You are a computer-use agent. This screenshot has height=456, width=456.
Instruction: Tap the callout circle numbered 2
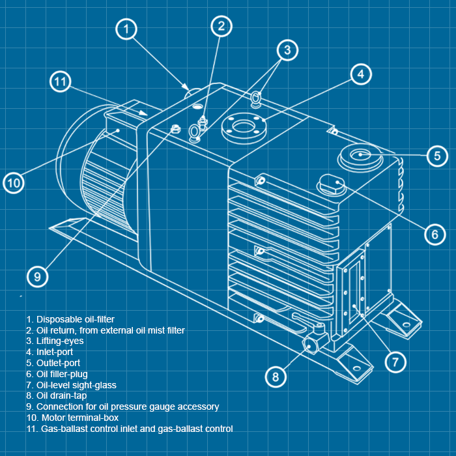pos(221,26)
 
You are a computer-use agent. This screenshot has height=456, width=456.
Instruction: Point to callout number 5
pos(437,156)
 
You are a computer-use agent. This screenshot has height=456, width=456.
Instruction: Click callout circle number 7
pos(395,361)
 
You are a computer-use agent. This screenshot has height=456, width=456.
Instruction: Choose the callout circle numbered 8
pos(276,377)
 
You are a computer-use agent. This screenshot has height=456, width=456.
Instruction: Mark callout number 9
pos(37,276)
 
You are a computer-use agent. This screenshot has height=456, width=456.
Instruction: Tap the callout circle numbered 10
pos(14,183)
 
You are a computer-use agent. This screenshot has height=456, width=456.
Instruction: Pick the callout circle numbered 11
pos(61,82)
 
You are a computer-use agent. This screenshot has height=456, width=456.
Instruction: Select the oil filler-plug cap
pos(330,184)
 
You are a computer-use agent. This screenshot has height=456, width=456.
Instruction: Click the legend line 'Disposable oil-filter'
pos(70,319)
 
